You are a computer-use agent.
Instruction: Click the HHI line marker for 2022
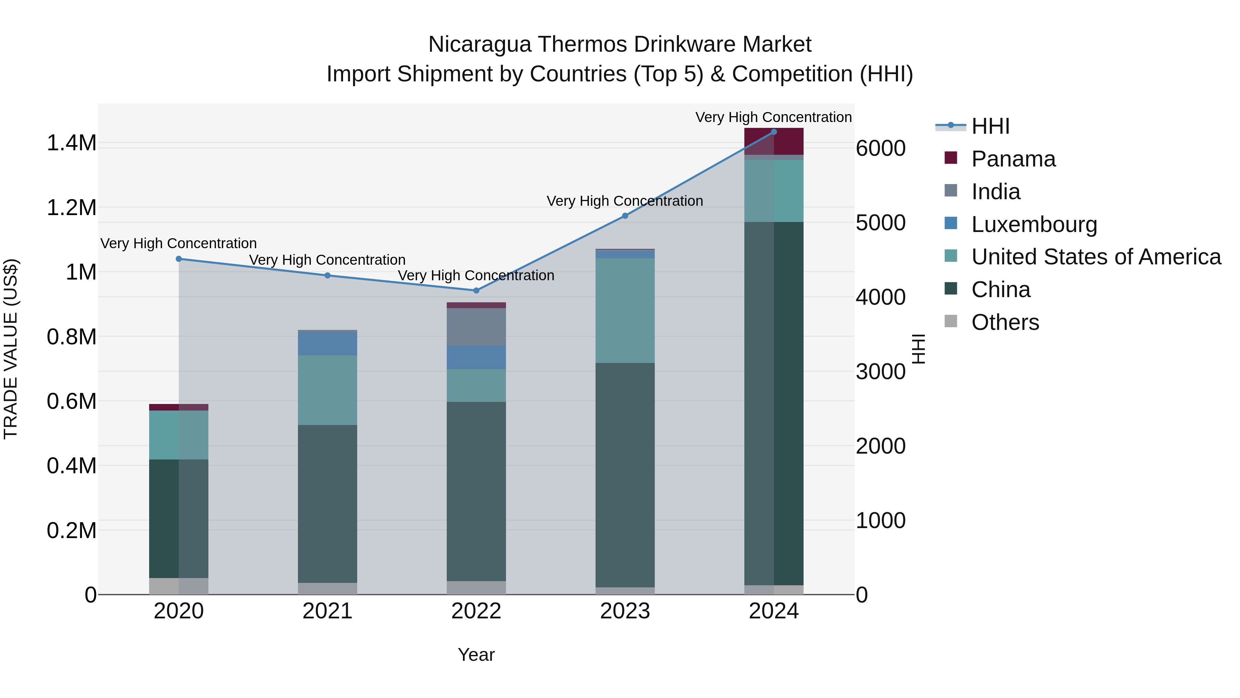coord(476,291)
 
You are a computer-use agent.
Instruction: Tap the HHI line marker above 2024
coord(774,132)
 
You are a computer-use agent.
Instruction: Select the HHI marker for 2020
coord(178,259)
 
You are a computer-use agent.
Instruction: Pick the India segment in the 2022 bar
coord(476,327)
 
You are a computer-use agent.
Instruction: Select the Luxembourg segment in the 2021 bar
coord(327,343)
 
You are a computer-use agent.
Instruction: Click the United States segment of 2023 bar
coord(625,310)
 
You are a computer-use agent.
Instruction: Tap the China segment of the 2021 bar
coord(327,503)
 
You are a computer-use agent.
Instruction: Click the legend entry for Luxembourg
coord(1034,224)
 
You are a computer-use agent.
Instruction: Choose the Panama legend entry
coord(1013,159)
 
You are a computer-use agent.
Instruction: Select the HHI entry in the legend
coord(990,126)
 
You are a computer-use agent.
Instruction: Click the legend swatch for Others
coord(951,321)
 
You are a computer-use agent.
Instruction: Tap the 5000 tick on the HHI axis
coord(880,223)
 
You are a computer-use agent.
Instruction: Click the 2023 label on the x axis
coord(625,611)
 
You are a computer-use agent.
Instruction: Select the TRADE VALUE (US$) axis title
coord(11,349)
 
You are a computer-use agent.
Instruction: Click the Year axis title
coord(476,655)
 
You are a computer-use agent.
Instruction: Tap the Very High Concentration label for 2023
coord(625,201)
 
